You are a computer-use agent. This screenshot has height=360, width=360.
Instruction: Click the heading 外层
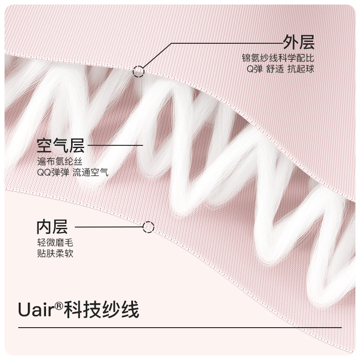[298, 43]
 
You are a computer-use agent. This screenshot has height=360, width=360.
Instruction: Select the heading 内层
[52, 226]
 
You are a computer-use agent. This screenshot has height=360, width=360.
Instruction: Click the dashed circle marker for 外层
[139, 71]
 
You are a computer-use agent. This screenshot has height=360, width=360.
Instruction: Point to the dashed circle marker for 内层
[149, 226]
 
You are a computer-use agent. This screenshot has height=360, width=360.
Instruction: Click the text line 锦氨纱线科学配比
[278, 59]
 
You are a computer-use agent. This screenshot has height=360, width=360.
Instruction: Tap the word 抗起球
[303, 69]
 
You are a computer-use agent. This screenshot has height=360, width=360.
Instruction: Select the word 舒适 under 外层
[276, 69]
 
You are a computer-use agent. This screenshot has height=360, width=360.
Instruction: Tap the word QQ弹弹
[52, 173]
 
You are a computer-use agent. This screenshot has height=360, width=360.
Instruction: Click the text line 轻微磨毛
[55, 243]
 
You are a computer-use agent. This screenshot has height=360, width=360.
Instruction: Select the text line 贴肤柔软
[55, 254]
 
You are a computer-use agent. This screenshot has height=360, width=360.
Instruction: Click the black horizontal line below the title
[180, 327]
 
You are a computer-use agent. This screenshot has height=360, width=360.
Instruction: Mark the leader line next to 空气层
[116, 146]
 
